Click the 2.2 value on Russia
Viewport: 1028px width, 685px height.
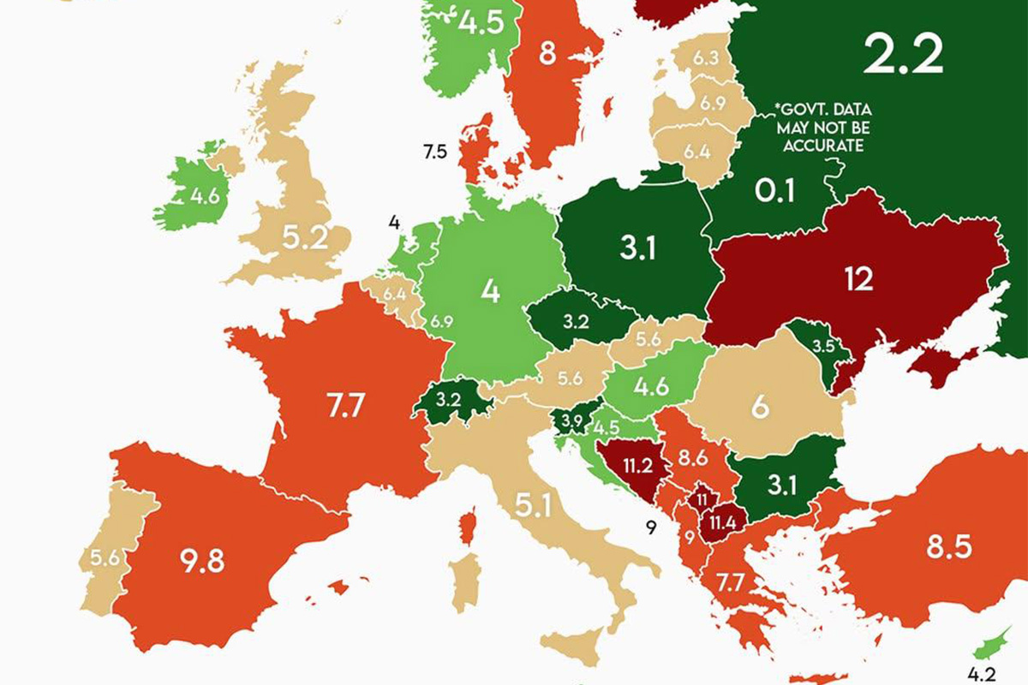click(903, 54)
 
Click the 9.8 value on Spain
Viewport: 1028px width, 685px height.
click(203, 562)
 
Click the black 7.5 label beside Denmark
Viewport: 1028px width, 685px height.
click(435, 152)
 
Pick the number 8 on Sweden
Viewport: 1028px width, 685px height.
click(547, 55)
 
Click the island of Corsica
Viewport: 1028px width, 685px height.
click(468, 526)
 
